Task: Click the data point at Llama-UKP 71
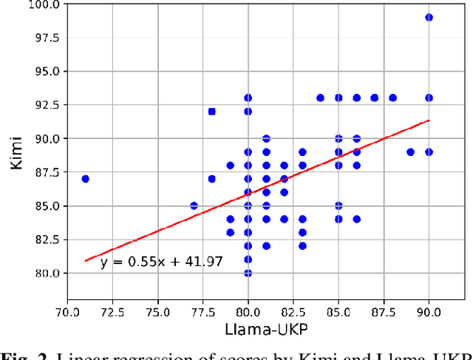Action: [85, 179]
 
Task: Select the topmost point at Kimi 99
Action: [429, 17]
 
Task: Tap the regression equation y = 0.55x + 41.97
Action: [161, 262]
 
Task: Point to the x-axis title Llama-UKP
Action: [248, 330]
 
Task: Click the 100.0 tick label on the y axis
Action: [45, 4]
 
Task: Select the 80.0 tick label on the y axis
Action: [47, 273]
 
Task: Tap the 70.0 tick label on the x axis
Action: [67, 311]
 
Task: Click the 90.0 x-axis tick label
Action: [429, 311]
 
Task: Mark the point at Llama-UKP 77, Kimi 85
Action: [194, 206]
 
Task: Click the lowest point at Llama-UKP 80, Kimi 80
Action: [248, 273]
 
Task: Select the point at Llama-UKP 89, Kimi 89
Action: [410, 152]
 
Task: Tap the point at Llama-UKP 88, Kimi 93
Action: [392, 98]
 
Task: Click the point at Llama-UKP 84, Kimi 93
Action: [320, 98]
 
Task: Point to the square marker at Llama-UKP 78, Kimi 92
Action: [212, 112]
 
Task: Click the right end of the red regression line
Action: [429, 120]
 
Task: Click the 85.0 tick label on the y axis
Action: [47, 206]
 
